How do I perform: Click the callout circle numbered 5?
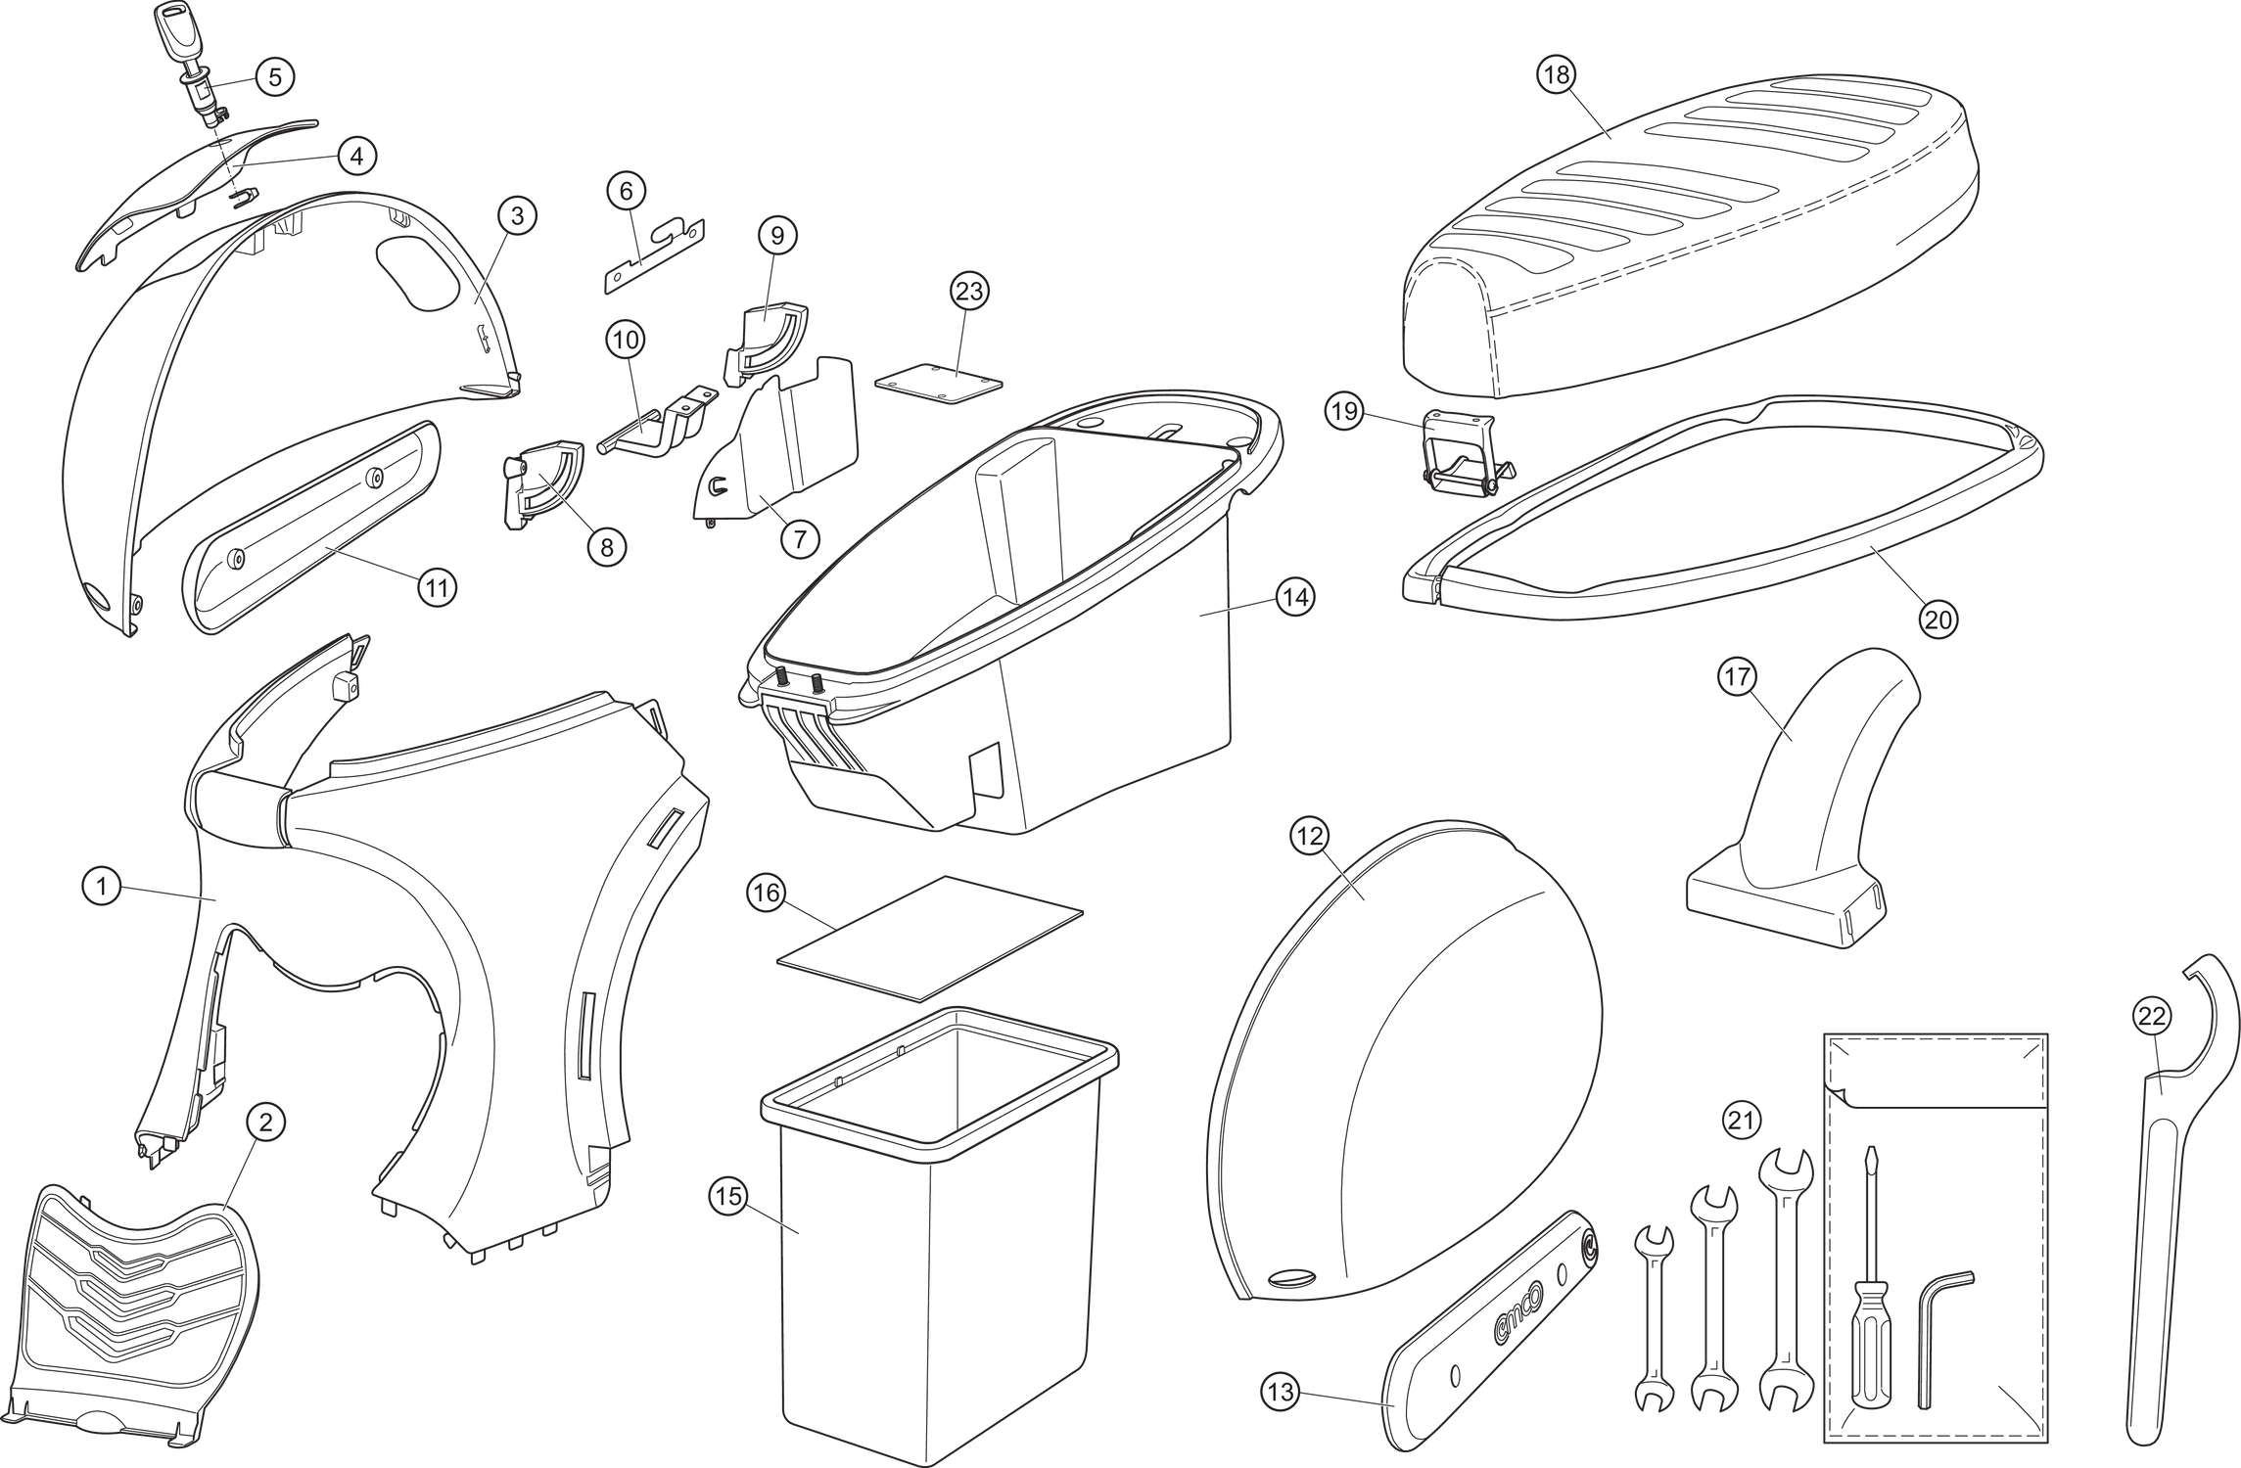[274, 76]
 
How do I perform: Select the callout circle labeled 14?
[1294, 597]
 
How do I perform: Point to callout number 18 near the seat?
[1556, 74]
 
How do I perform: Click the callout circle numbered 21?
[1741, 1120]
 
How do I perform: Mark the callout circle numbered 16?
[766, 893]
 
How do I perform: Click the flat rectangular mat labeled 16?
[930, 937]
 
